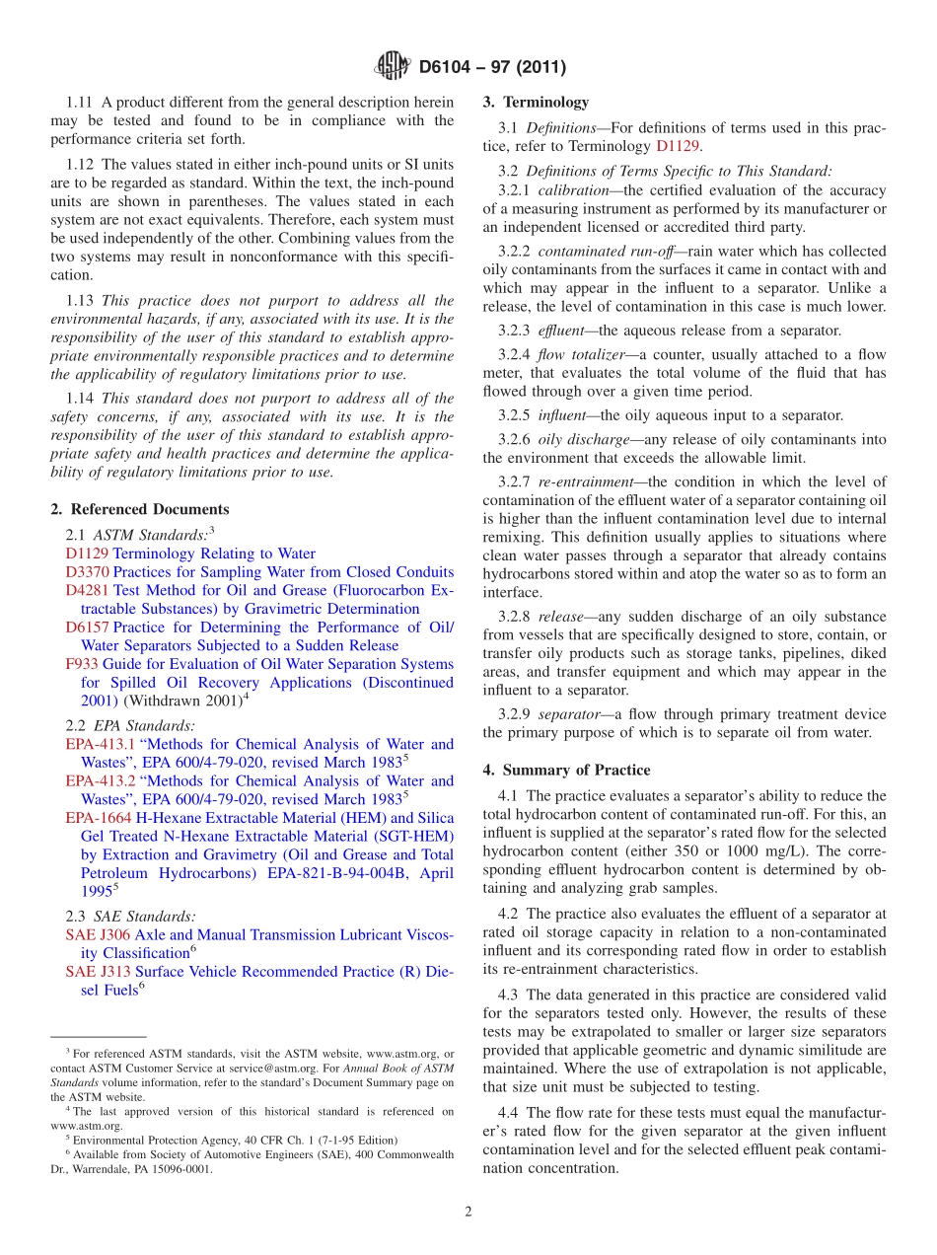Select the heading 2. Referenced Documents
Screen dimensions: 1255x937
pos(140,509)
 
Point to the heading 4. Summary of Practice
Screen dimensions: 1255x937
pos(566,770)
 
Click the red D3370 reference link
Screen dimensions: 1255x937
pos(87,572)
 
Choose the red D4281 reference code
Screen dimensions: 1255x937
pos(87,590)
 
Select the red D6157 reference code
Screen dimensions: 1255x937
pos(87,627)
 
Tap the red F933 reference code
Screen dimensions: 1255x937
pos(81,664)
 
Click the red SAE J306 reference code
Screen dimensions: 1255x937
pos(97,934)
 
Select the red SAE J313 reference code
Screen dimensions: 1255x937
pos(97,972)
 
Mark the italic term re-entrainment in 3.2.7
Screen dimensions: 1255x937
pos(592,481)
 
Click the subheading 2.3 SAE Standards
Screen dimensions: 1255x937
pos(130,916)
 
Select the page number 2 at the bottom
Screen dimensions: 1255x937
pos(468,1212)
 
